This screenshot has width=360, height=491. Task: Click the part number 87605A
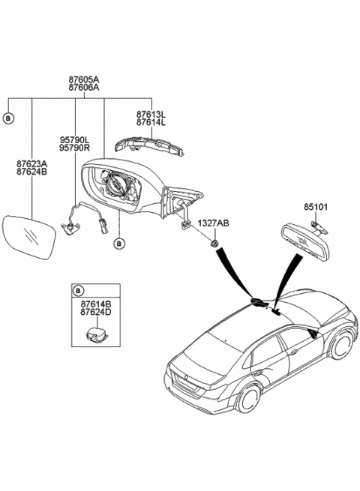click(84, 78)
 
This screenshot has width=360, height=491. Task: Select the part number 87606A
click(84, 88)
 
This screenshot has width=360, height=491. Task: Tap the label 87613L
click(152, 114)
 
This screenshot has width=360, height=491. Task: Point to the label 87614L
click(152, 123)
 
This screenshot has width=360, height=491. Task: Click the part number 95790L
click(75, 140)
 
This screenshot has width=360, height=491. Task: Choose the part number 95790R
click(75, 149)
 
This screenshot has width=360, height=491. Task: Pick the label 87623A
click(32, 163)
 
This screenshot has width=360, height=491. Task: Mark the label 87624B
click(32, 172)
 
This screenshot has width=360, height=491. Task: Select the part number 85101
click(316, 205)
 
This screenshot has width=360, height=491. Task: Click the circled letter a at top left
click(8, 118)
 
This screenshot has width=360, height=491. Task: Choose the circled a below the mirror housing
click(118, 243)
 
